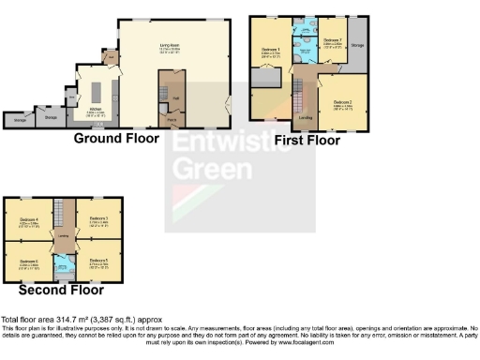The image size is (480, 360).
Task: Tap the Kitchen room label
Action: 97,110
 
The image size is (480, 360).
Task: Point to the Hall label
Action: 176,97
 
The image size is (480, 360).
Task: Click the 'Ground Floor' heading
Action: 116,138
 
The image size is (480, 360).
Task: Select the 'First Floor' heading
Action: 307,140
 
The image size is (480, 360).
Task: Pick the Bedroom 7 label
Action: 332,40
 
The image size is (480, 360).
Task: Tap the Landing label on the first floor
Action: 305,118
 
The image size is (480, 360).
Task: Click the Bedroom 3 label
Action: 98,219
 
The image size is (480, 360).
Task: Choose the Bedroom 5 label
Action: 98,261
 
